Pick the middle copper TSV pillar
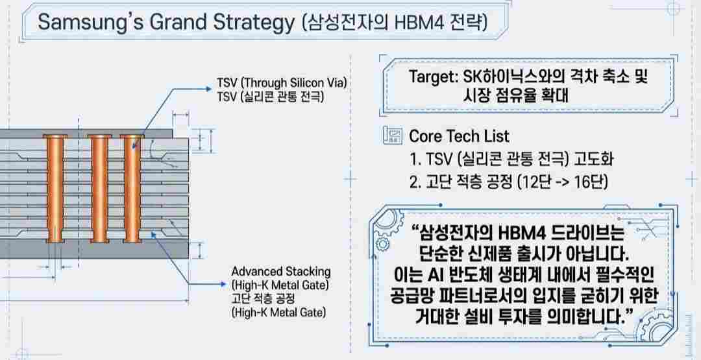coord(97,188)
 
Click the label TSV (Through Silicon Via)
coord(283,84)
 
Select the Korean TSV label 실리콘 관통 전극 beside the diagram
coord(283,97)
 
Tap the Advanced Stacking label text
coord(280,271)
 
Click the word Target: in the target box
coord(433,77)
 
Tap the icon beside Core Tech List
coord(392,136)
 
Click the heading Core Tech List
coord(459,136)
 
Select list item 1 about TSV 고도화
coord(510,159)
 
